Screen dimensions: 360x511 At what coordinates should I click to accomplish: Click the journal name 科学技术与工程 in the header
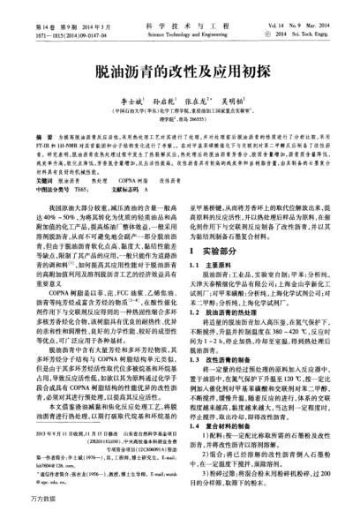180,7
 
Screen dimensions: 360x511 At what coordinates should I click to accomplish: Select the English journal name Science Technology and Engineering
180,15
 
